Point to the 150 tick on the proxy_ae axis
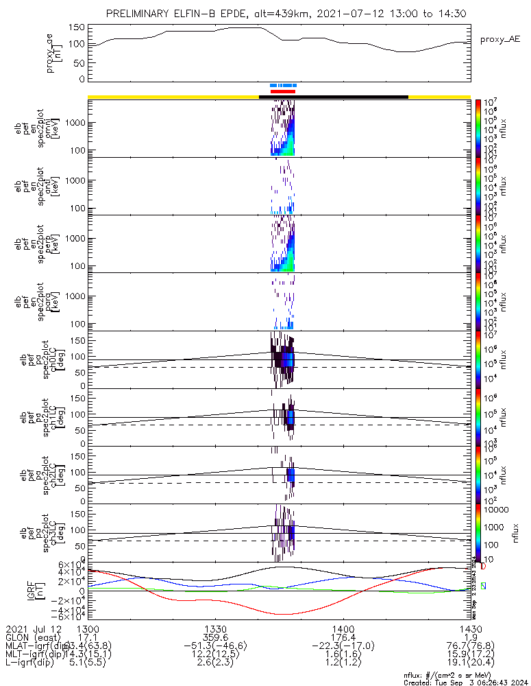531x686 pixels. [x=77, y=27]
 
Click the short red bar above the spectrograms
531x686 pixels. [x=283, y=91]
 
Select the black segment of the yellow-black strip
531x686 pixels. [x=334, y=97]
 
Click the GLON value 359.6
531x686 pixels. [x=216, y=637]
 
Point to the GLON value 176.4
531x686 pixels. [x=343, y=637]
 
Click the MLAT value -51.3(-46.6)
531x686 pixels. [x=216, y=646]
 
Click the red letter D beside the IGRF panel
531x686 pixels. [x=483, y=567]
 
